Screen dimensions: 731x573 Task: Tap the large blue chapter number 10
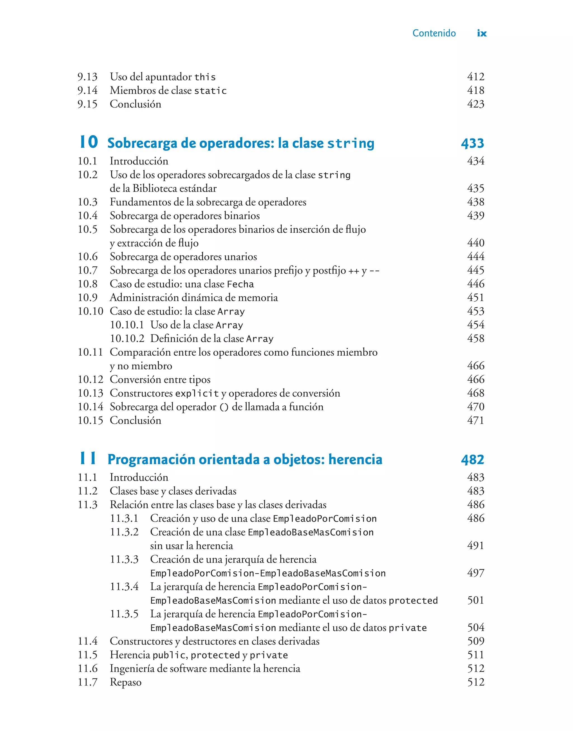point(89,142)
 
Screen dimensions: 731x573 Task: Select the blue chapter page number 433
point(472,143)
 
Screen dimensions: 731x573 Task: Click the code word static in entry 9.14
point(210,91)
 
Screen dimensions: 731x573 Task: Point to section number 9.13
point(87,77)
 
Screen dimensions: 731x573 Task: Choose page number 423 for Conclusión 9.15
point(475,104)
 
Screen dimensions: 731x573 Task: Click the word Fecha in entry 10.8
point(240,284)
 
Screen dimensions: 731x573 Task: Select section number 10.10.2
point(127,339)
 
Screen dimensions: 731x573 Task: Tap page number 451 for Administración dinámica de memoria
point(475,297)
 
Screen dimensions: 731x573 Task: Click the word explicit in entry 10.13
point(197,393)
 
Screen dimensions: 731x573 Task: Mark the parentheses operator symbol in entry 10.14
point(224,407)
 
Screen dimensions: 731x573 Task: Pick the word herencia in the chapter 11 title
point(355,459)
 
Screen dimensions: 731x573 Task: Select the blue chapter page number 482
point(472,460)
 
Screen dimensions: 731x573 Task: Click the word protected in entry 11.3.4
point(413,601)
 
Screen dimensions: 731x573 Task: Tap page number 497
point(475,573)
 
